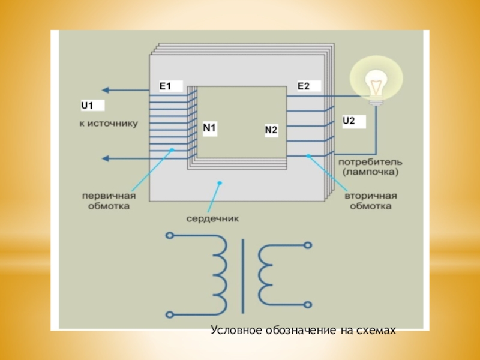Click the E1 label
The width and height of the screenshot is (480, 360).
(x=165, y=86)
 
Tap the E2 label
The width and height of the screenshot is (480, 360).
(x=304, y=86)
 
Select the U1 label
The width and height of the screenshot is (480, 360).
(x=88, y=106)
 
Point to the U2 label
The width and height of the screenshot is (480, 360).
(x=349, y=121)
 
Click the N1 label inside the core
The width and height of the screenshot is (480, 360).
(x=209, y=128)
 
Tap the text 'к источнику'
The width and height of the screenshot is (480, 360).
(x=109, y=124)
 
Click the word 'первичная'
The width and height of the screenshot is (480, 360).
(x=109, y=196)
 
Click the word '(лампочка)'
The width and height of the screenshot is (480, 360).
(x=370, y=172)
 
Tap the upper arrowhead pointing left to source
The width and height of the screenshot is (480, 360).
(x=104, y=90)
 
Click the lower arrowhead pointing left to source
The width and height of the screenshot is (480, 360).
(x=104, y=158)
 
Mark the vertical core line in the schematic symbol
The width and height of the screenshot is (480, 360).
(x=244, y=275)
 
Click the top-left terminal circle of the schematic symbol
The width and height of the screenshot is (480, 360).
(x=169, y=235)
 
